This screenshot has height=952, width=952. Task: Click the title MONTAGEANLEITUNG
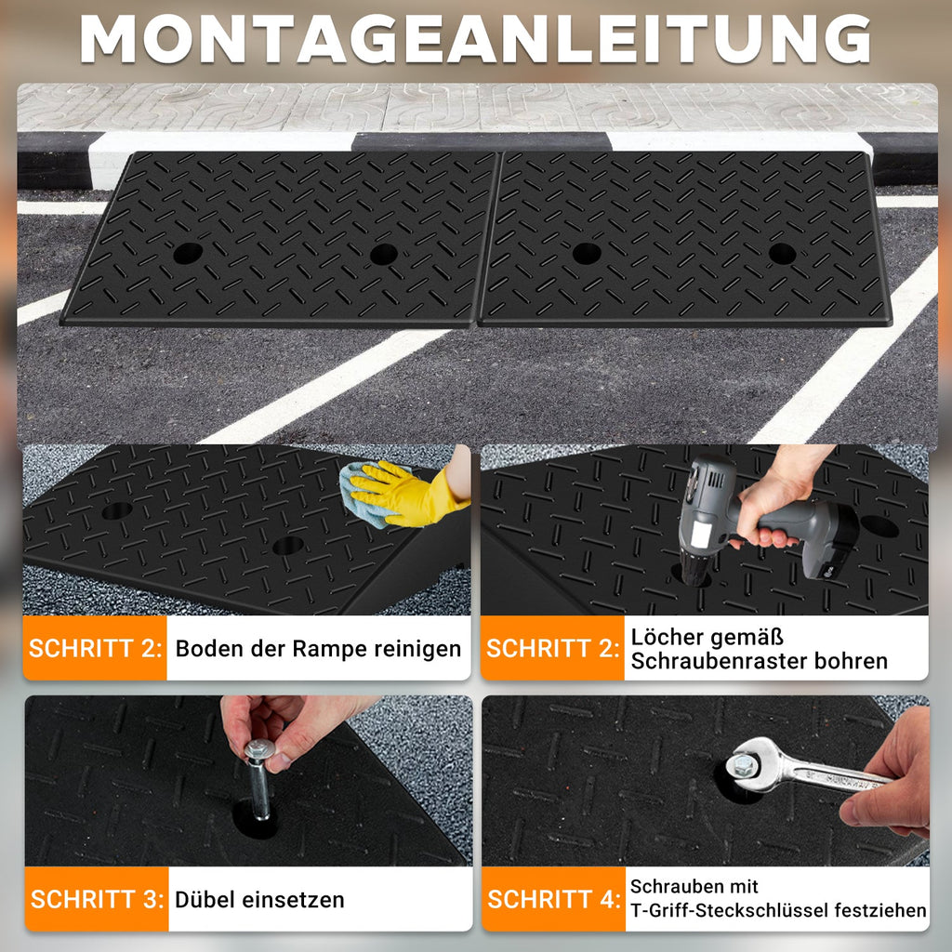click(x=475, y=39)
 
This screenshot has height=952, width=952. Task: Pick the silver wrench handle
click(x=827, y=775)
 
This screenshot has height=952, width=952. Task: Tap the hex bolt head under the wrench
click(x=744, y=765)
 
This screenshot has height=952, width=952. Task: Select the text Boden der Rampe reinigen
click(x=318, y=648)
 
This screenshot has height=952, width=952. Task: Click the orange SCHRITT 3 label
click(x=97, y=899)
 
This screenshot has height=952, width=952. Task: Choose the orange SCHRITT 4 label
click(x=553, y=899)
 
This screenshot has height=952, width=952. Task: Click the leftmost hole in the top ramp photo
click(x=187, y=252)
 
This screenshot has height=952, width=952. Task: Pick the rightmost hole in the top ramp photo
click(x=782, y=253)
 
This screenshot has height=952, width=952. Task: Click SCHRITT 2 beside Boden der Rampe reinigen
click(x=95, y=648)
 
